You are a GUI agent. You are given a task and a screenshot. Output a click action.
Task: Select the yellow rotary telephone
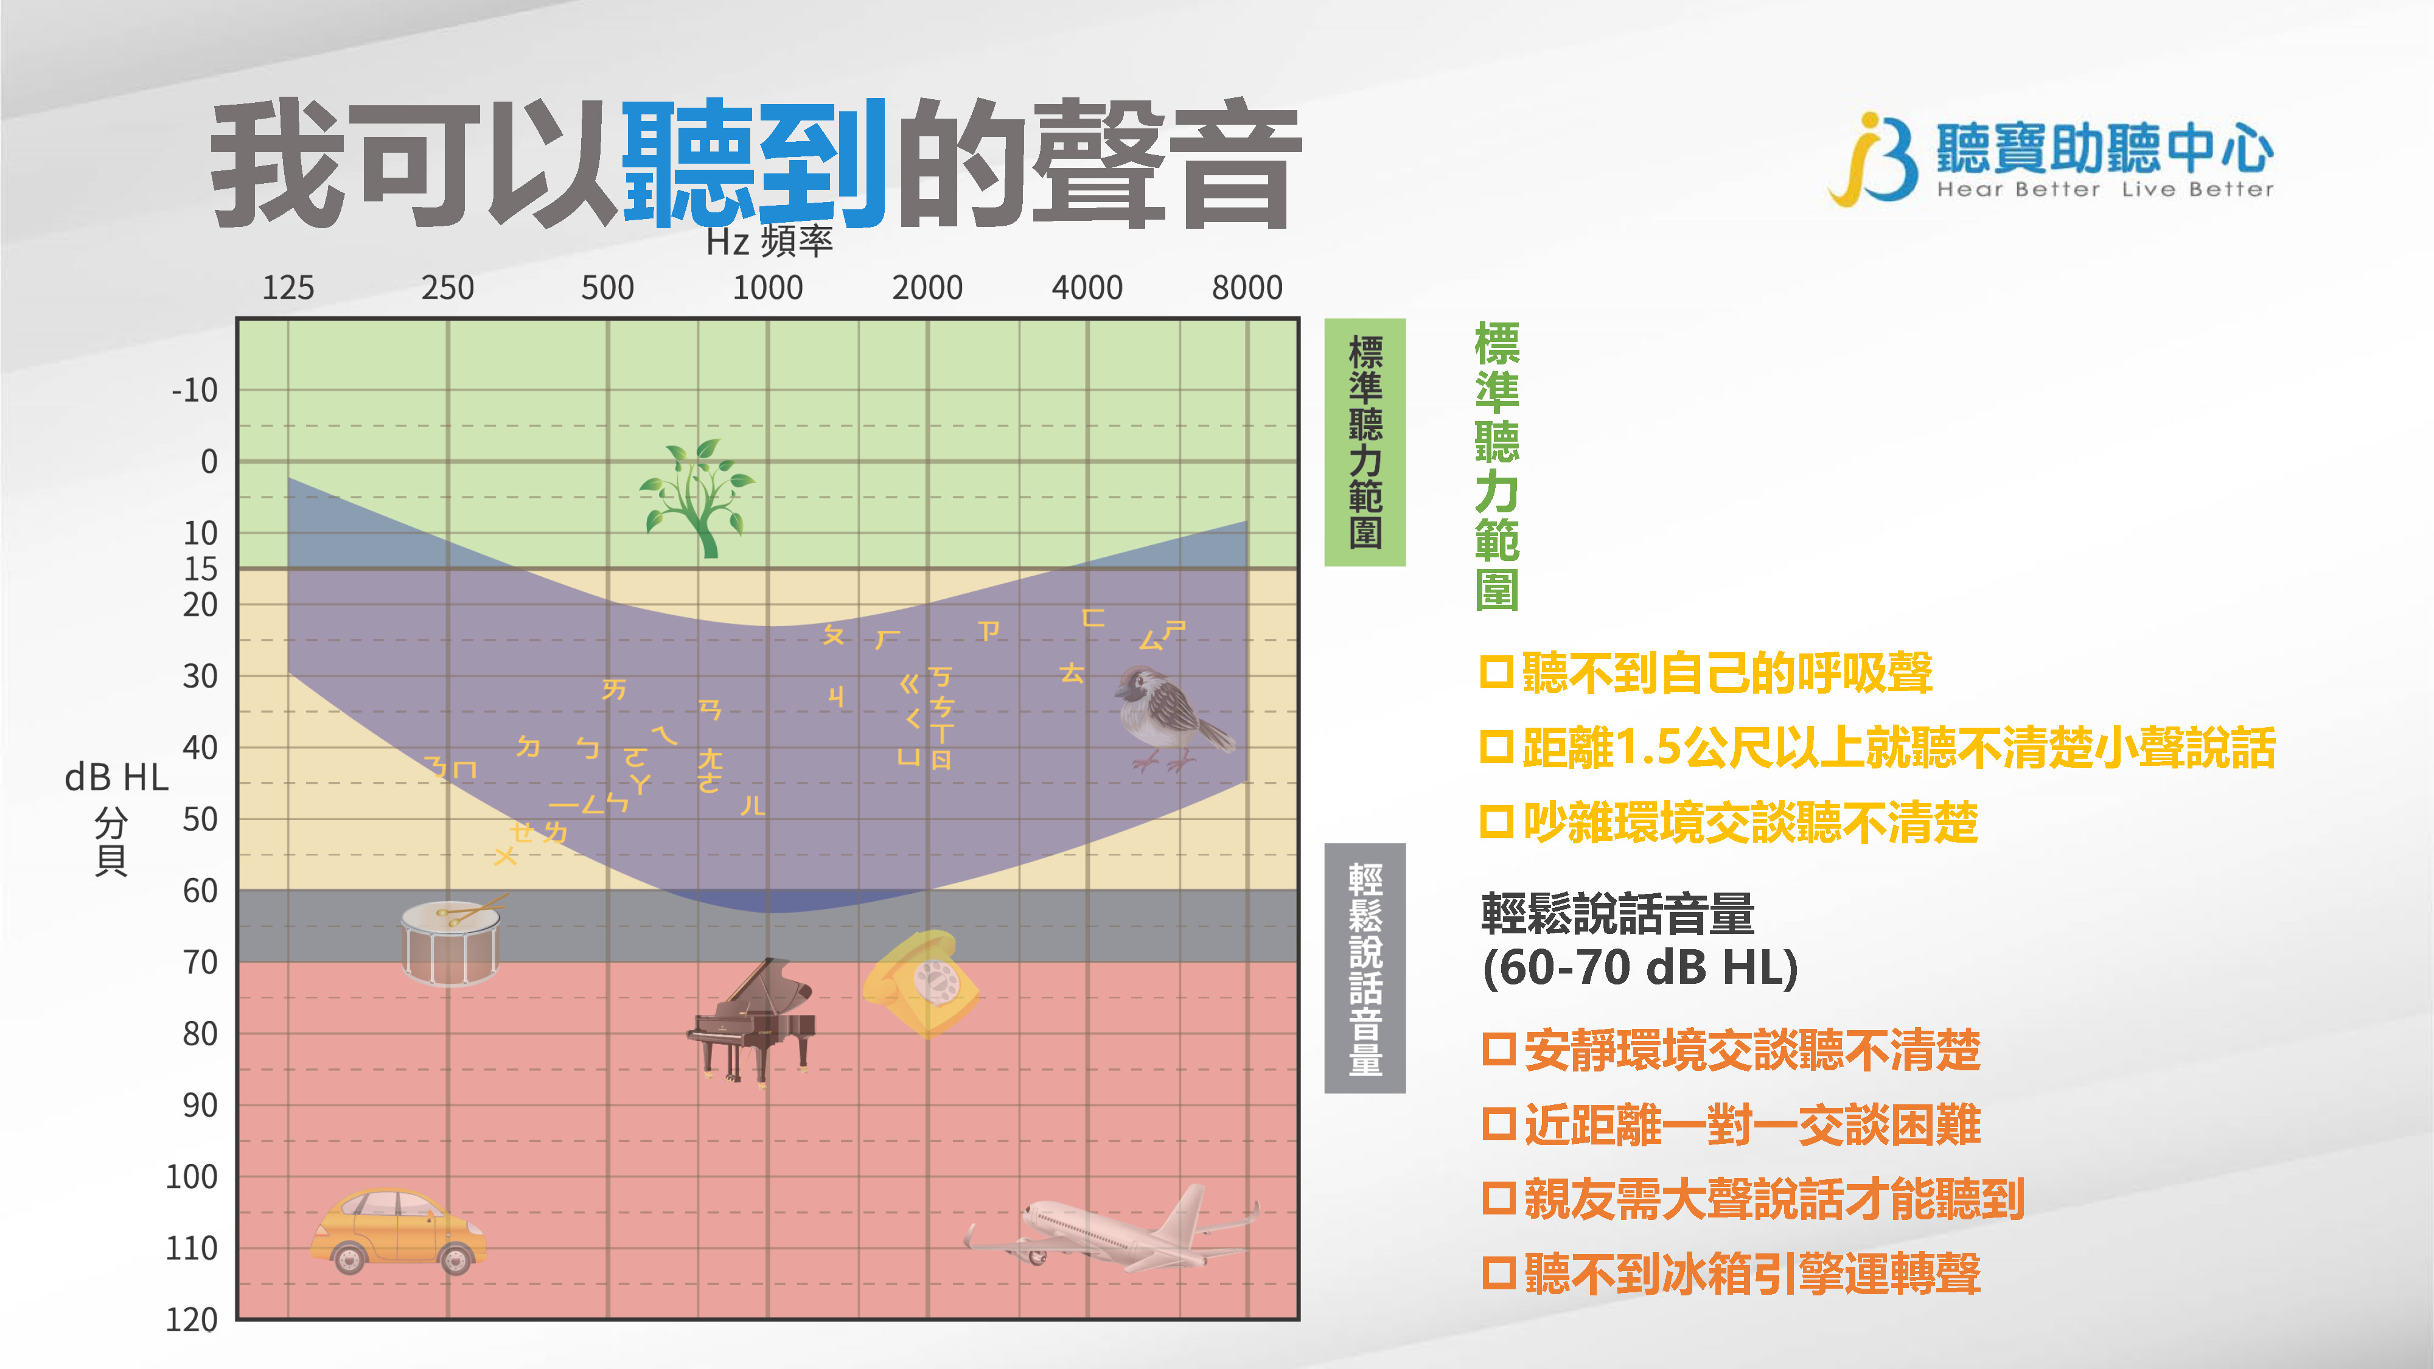920,983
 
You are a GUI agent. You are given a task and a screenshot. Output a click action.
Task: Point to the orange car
398,1230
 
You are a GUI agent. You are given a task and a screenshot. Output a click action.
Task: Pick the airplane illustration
1111,1227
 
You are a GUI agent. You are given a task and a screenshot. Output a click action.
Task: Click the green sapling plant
697,498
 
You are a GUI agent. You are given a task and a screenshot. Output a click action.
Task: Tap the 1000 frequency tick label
767,287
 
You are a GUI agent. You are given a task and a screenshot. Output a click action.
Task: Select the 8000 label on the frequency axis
1247,287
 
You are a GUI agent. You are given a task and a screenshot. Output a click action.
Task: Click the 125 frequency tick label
288,287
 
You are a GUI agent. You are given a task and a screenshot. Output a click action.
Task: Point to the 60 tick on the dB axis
200,890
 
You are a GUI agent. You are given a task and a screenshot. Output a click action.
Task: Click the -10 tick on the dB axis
195,389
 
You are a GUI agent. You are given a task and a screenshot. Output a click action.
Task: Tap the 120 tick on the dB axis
192,1319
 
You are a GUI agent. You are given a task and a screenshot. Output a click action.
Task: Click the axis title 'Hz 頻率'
769,242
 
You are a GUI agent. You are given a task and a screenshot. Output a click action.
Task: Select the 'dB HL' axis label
116,778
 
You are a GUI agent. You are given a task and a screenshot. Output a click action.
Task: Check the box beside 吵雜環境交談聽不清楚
1498,821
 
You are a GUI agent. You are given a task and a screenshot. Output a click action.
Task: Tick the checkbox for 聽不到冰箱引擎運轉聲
1499,1272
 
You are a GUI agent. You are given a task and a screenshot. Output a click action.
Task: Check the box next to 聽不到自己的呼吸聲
1498,673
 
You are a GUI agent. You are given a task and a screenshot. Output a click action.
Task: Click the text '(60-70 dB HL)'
1639,967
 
